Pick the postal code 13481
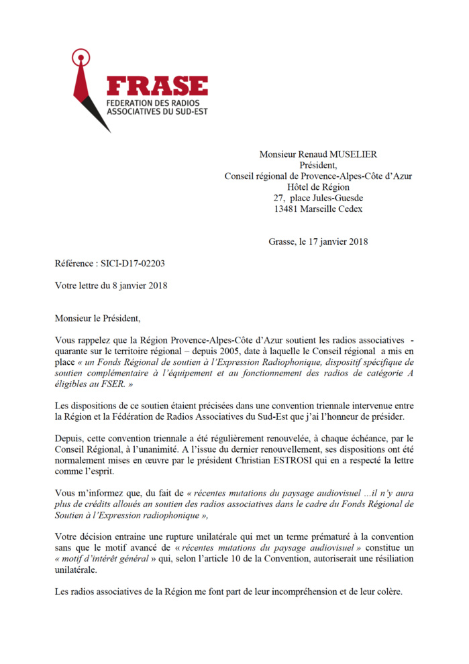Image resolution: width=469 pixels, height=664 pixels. point(288,209)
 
